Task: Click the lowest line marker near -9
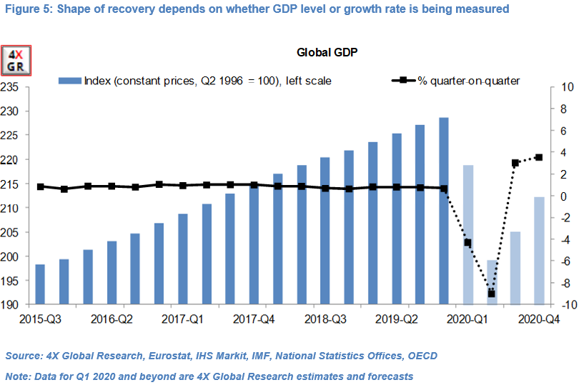click(x=491, y=294)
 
